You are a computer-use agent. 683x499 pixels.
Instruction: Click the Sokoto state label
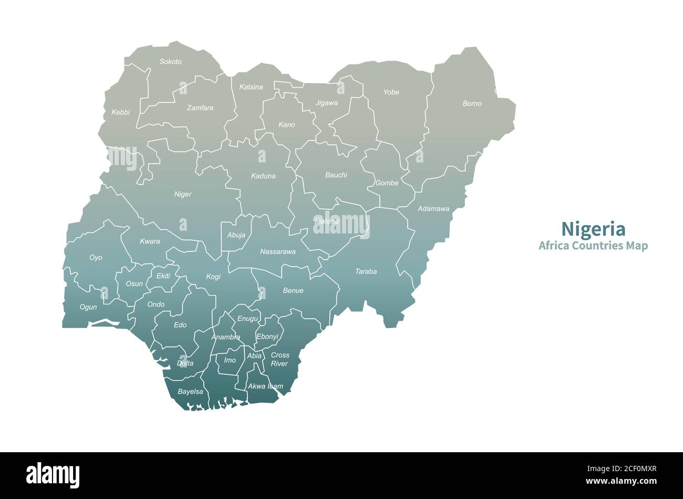pyautogui.click(x=171, y=62)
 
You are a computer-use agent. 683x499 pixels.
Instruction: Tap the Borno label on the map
pyautogui.click(x=472, y=104)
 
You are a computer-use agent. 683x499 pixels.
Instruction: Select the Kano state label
pyautogui.click(x=286, y=125)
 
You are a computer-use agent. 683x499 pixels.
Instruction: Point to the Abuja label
pyautogui.click(x=236, y=235)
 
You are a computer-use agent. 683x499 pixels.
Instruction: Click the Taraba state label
pyautogui.click(x=366, y=272)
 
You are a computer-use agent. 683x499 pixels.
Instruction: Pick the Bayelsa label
pyautogui.click(x=190, y=392)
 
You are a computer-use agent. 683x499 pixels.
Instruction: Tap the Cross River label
pyautogui.click(x=280, y=359)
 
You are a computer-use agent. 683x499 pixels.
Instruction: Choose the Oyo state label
pyautogui.click(x=96, y=258)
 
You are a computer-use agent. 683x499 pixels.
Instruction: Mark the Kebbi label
pyautogui.click(x=120, y=112)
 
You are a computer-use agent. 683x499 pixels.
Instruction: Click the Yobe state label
pyautogui.click(x=391, y=92)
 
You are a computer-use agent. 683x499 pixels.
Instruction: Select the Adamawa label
pyautogui.click(x=433, y=209)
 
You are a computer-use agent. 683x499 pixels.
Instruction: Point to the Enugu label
pyautogui.click(x=247, y=319)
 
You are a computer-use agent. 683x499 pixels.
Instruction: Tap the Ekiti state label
pyautogui.click(x=163, y=276)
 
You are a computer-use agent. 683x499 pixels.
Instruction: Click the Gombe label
pyautogui.click(x=387, y=183)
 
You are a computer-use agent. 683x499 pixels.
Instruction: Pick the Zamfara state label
pyautogui.click(x=200, y=108)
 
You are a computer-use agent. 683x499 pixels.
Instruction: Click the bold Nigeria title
pyautogui.click(x=593, y=229)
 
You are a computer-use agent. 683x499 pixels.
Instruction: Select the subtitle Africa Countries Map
pyautogui.click(x=593, y=246)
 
